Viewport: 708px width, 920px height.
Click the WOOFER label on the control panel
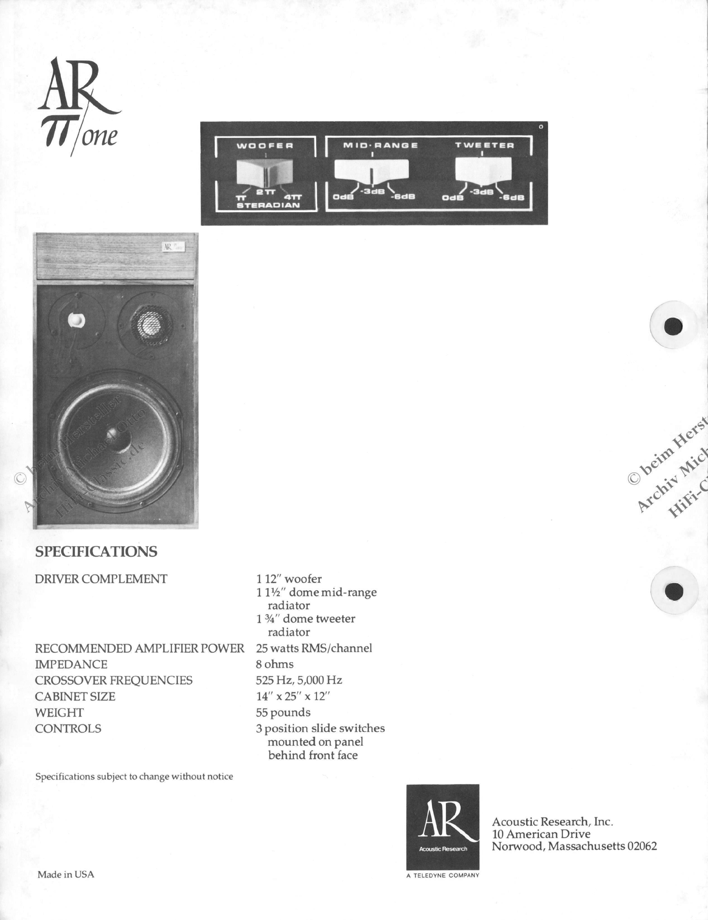point(265,146)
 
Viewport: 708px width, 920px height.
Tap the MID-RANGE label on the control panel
point(381,145)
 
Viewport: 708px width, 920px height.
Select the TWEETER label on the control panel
point(484,145)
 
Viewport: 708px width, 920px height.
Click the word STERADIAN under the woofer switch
point(268,206)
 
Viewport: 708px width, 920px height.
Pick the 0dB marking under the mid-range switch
point(343,197)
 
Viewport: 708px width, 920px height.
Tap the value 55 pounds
point(283,712)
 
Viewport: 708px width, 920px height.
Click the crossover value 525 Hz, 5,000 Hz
point(299,680)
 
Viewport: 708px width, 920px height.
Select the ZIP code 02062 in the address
point(642,846)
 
